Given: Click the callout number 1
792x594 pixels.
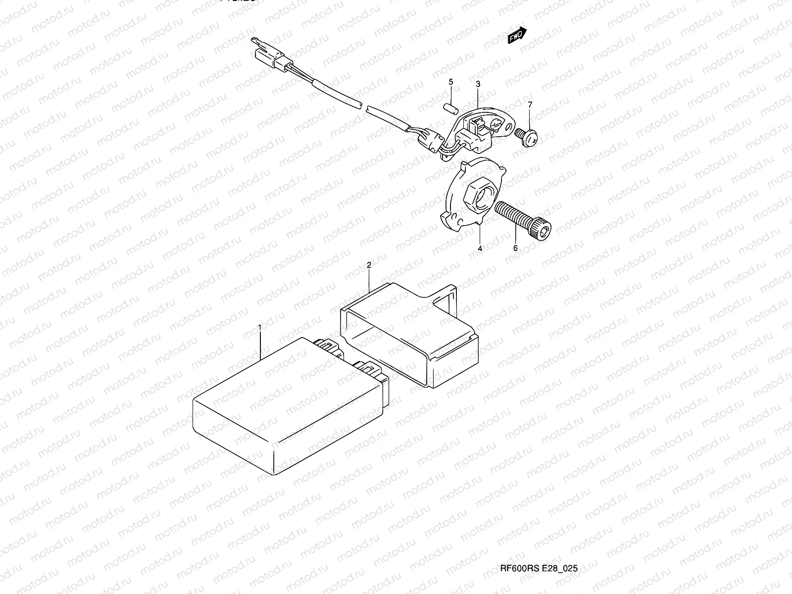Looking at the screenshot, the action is pyautogui.click(x=259, y=327).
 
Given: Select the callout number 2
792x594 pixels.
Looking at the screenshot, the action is pyautogui.click(x=369, y=265).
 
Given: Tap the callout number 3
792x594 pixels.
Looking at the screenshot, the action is pyautogui.click(x=478, y=85).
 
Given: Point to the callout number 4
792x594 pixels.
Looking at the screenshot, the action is pyautogui.click(x=480, y=249).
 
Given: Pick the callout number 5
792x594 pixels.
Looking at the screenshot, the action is pyautogui.click(x=451, y=82).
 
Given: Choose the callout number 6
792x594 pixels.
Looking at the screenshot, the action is pyautogui.click(x=515, y=248).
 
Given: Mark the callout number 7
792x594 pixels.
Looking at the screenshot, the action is pyautogui.click(x=530, y=104).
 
